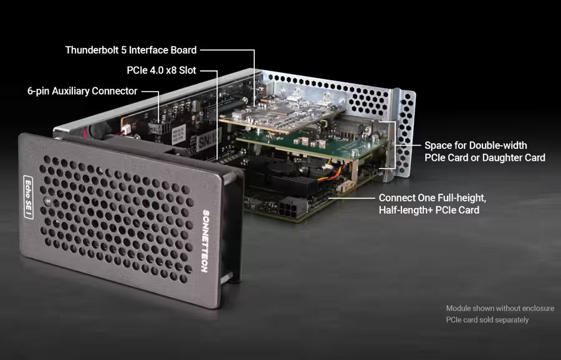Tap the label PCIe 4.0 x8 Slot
(162, 70)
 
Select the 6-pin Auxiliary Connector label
(82, 91)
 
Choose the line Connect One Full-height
(432, 197)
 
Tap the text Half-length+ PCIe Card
(429, 210)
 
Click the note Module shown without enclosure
(500, 308)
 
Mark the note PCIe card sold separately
(487, 320)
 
